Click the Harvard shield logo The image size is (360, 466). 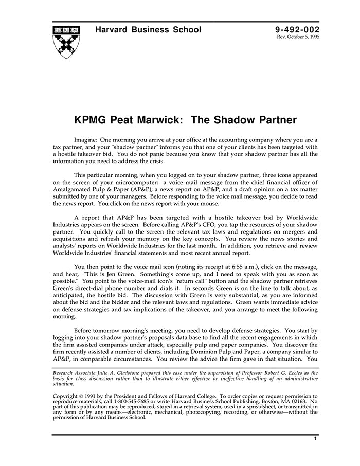tap(66, 40)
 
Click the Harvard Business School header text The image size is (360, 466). tap(148, 30)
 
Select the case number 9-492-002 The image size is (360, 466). tap(298, 30)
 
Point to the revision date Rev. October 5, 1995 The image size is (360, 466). tap(298, 38)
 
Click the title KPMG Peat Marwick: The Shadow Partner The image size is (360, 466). tap(185, 120)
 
